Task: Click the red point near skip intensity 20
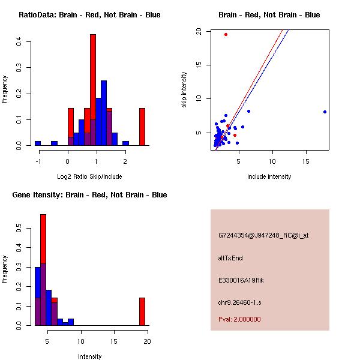[x=226, y=34]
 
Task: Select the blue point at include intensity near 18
[x=325, y=112]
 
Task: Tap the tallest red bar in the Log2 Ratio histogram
[x=93, y=90]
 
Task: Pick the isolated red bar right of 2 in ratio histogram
[x=142, y=127]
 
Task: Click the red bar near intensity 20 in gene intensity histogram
[x=142, y=311]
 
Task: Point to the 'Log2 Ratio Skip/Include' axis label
[x=89, y=176]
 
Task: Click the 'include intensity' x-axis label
[x=269, y=176]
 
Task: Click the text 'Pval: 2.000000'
[x=240, y=319]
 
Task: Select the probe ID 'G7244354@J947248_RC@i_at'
[x=258, y=235]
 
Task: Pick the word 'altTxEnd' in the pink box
[x=230, y=258]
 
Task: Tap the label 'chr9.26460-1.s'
[x=239, y=302]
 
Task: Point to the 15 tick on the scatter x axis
[x=306, y=161]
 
